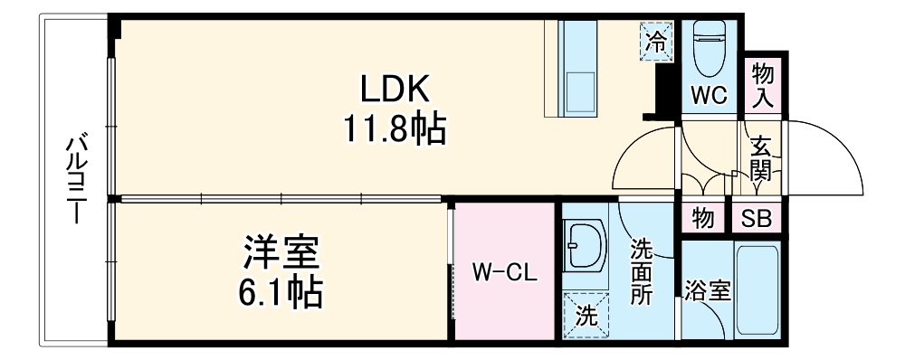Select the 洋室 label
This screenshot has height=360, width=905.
click(281, 251)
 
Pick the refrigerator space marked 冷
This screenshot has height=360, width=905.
click(657, 41)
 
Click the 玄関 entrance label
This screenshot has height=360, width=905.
click(760, 158)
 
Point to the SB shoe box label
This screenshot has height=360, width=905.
click(760, 218)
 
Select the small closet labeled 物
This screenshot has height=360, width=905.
click(703, 218)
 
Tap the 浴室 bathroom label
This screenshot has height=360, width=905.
click(706, 291)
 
